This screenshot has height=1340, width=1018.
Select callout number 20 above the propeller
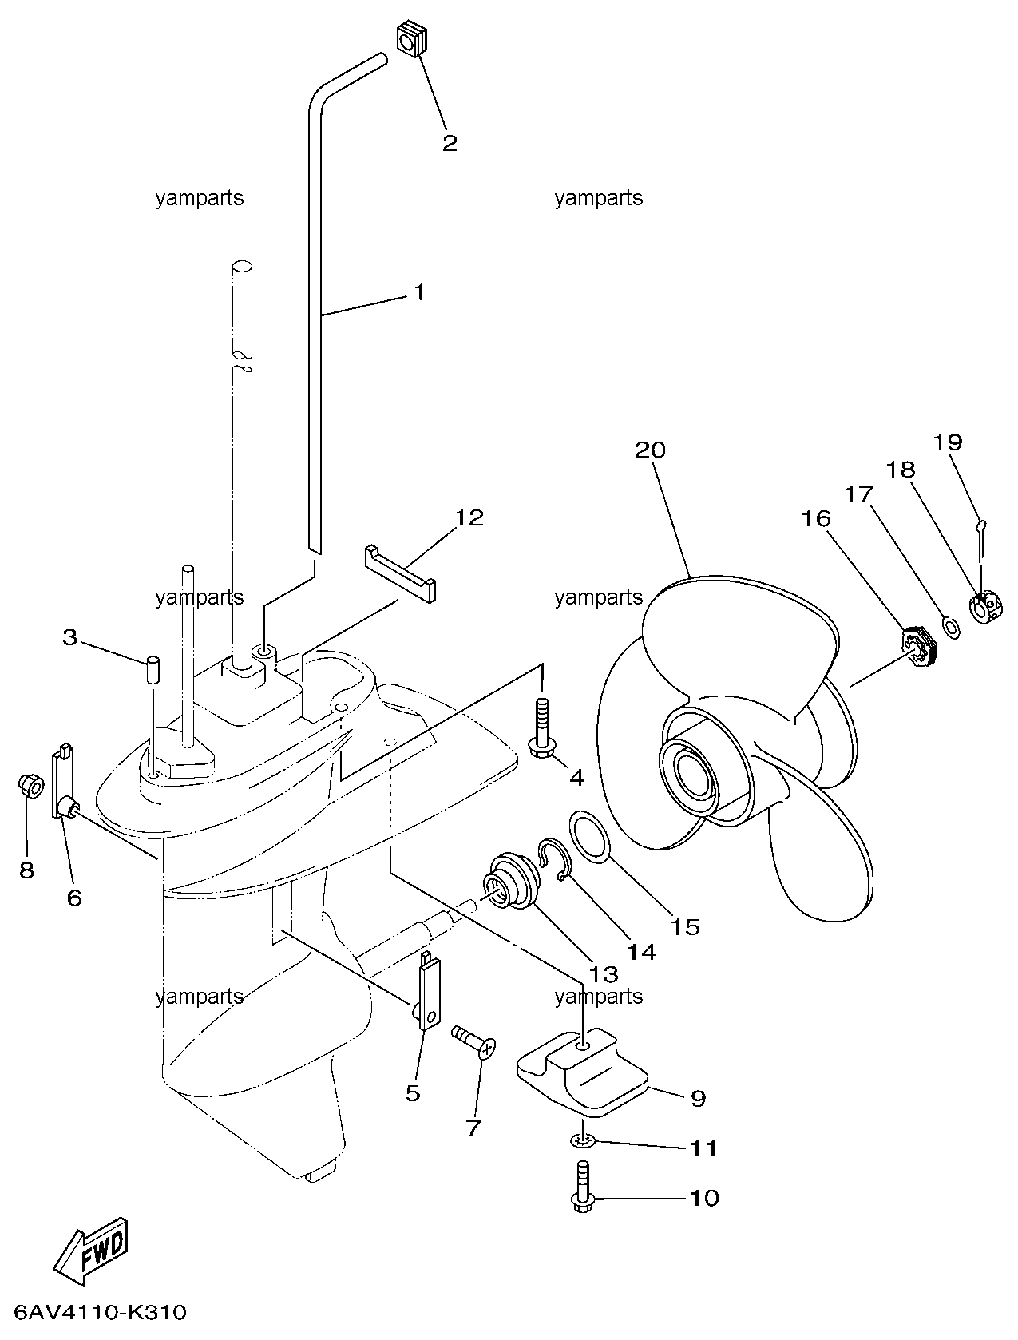650,450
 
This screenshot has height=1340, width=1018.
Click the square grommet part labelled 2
410,40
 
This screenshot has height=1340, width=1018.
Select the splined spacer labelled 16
918,647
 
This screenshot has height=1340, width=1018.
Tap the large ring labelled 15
590,836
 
